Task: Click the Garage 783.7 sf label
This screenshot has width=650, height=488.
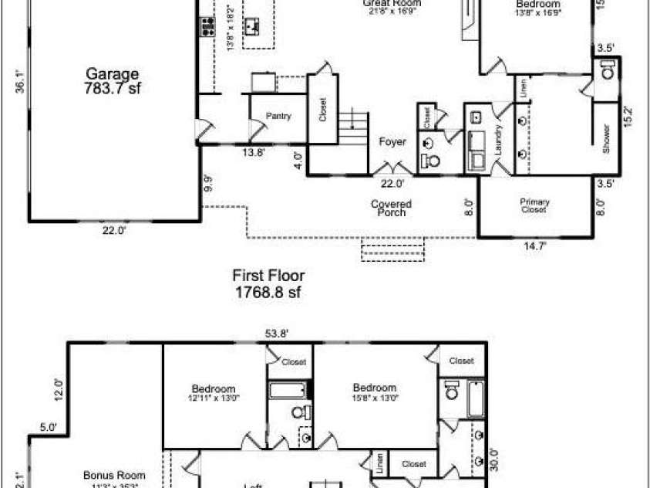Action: click(x=113, y=81)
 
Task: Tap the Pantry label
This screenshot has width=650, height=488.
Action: click(x=278, y=117)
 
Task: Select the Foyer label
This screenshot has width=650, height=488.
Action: click(x=392, y=142)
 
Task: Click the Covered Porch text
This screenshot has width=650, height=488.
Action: click(x=392, y=208)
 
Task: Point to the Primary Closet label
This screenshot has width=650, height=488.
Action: click(x=534, y=205)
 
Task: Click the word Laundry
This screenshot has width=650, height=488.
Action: click(x=500, y=144)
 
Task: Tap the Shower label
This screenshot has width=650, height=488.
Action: click(x=606, y=139)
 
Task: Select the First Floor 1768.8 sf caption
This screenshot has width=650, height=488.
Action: click(x=269, y=283)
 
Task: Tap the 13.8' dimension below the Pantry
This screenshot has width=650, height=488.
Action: click(x=254, y=153)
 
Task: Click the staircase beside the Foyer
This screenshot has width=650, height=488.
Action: click(x=352, y=127)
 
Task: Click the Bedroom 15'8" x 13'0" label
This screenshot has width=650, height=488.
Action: click(x=375, y=392)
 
